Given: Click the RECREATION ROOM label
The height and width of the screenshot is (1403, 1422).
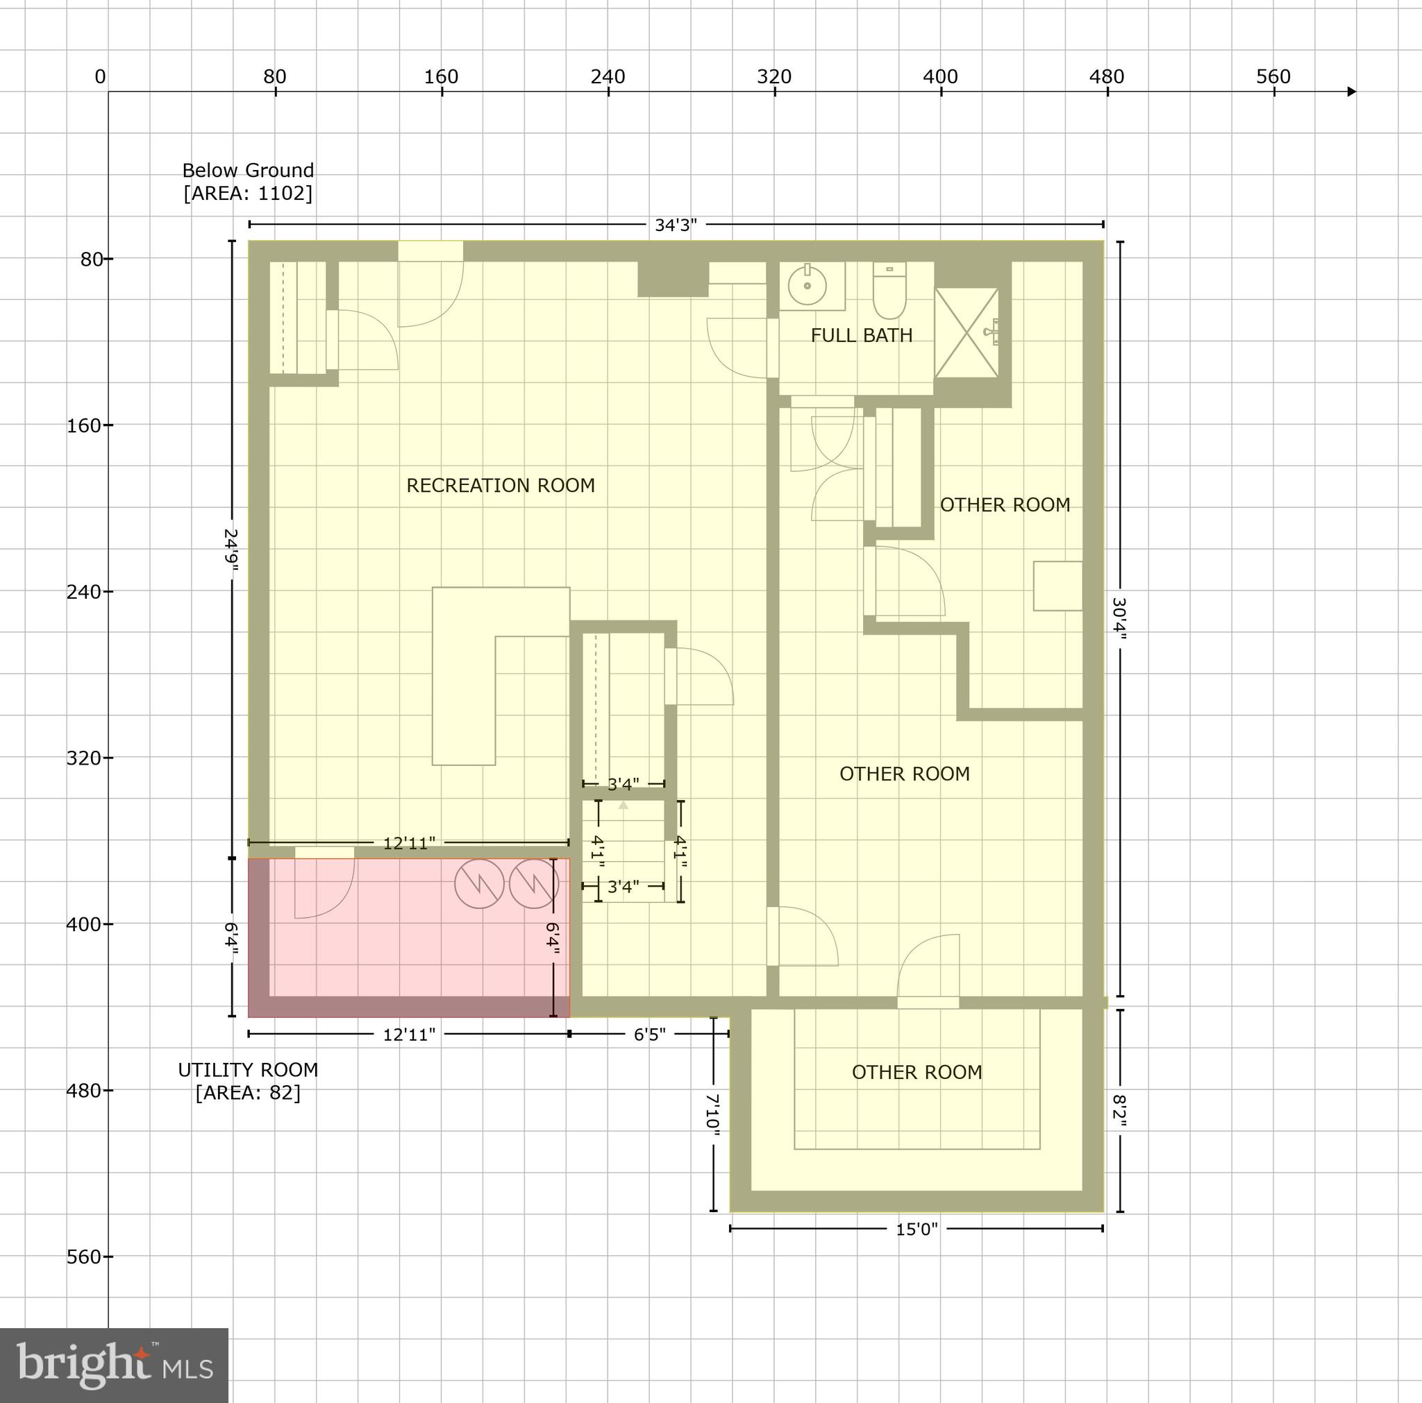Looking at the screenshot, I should coord(501,486).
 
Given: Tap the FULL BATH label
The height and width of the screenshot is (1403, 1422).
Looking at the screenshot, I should coord(861,335).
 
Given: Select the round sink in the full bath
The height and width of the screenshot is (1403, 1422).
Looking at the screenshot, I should coord(808,284).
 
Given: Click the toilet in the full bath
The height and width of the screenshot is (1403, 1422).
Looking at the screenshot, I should coord(889,291).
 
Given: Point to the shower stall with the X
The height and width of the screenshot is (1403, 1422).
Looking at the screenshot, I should coord(966,332).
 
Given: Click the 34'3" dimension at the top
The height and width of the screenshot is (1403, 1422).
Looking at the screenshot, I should coord(676,225).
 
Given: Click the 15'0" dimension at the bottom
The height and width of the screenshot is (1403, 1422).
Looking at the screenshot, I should coord(917,1230).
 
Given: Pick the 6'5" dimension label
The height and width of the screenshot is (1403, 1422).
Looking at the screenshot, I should coord(650,1035).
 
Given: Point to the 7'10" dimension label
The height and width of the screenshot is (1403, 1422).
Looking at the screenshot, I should coord(712,1111).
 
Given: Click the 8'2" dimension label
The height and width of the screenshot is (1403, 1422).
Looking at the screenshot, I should coord(1119,1111).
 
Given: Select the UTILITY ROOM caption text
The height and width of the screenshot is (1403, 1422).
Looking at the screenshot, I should coord(248,1071).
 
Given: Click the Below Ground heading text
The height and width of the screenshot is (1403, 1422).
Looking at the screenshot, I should coord(248,171).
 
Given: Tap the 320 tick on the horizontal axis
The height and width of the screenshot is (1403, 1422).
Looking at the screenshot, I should coord(774,77).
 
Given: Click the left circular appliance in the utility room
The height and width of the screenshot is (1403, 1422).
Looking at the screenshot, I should coord(479,883).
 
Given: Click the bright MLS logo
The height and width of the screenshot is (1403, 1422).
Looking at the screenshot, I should coord(114,1365).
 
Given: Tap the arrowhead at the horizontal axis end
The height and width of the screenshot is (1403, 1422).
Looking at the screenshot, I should coord(1351,92).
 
